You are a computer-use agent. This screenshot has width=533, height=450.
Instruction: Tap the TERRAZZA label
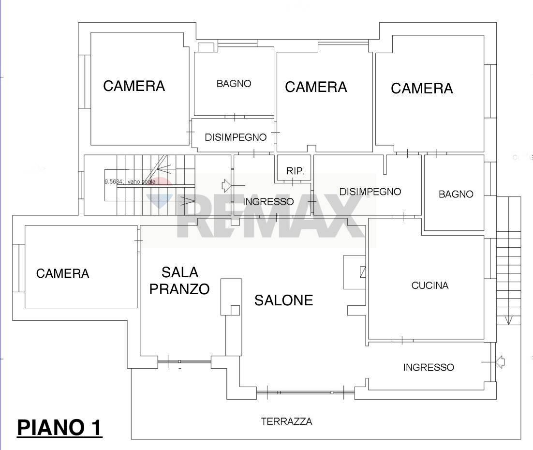point(286,421)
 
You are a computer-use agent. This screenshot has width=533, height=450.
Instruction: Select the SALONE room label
point(284,300)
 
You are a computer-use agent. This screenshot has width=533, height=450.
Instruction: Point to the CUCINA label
point(429,285)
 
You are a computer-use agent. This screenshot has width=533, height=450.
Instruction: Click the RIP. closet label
point(295,171)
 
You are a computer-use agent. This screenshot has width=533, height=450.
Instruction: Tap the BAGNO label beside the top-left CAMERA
point(234,84)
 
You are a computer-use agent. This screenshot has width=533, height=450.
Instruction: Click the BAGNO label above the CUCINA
point(456,195)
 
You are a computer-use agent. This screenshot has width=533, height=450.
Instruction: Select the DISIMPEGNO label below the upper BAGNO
point(235,137)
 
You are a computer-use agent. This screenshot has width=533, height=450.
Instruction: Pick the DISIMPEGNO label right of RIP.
point(370,192)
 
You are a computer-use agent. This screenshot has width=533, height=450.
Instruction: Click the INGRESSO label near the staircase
point(268,202)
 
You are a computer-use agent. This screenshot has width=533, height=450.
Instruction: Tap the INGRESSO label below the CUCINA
point(429,368)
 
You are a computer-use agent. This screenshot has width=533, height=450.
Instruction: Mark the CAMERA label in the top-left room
point(134,86)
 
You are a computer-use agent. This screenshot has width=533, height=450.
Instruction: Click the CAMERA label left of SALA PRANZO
point(63,274)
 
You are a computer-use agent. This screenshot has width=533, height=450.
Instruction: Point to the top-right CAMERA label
point(422,89)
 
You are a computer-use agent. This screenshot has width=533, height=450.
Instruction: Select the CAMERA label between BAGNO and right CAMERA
point(316,87)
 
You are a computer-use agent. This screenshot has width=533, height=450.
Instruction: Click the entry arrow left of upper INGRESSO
point(226,185)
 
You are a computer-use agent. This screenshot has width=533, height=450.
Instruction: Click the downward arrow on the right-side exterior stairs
point(508,320)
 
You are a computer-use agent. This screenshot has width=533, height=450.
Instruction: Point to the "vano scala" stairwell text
point(130,182)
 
